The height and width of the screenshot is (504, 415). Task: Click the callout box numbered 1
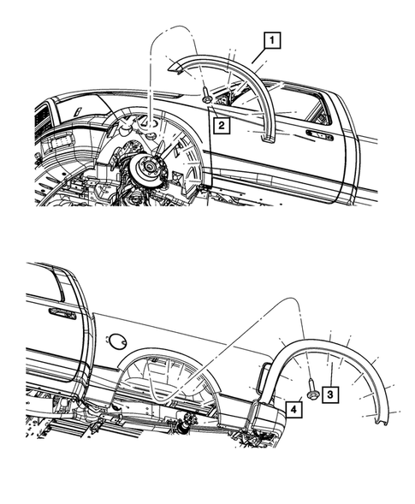[x=270, y=39]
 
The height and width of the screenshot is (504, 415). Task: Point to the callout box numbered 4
[x=293, y=408]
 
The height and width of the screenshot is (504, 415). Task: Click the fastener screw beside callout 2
[x=208, y=98]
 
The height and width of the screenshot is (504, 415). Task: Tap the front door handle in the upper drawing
[x=319, y=134]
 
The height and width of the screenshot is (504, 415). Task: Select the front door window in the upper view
[x=291, y=103]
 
